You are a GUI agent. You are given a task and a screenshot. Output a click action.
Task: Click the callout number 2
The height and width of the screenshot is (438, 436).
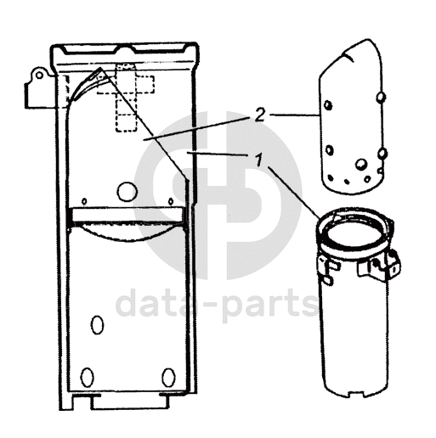click(259, 115)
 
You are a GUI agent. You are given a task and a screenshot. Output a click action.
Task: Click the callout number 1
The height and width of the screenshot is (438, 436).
click(258, 160)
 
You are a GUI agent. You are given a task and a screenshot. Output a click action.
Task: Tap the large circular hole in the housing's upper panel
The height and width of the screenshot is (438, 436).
click(127, 192)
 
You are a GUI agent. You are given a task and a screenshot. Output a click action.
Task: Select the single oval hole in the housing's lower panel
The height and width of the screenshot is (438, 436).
click(97, 325)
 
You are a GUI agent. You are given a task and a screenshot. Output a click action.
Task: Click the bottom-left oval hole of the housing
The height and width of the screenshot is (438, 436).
click(87, 378)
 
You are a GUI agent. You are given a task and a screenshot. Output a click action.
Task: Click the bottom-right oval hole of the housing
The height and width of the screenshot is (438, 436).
click(168, 378)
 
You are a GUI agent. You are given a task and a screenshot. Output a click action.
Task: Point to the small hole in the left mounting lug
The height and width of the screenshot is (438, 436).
click(40, 75)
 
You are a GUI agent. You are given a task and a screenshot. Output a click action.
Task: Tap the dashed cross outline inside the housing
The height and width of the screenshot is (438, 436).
click(126, 98)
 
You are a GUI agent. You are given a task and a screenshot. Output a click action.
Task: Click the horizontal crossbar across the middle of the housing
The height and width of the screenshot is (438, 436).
click(127, 215)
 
